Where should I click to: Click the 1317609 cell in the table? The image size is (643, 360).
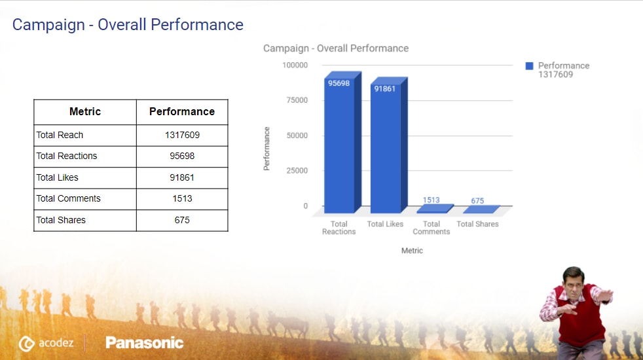tap(182, 135)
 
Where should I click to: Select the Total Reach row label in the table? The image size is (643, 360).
tap(60, 135)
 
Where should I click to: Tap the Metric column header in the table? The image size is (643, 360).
tap(85, 112)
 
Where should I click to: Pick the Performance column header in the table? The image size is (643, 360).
tap(182, 112)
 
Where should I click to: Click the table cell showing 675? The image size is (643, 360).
tap(182, 220)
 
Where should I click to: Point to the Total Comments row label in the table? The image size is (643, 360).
tap(68, 198)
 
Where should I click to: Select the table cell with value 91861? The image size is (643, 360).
tap(182, 177)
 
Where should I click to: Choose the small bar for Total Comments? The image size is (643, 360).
tap(432, 209)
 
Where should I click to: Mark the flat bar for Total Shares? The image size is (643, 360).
tap(479, 210)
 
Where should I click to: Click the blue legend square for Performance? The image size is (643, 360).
tap(530, 65)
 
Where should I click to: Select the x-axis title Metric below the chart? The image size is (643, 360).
tap(413, 251)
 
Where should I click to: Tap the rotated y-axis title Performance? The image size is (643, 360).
tap(266, 149)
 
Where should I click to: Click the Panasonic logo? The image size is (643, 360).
tap(144, 342)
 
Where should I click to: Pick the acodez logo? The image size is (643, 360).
tap(46, 343)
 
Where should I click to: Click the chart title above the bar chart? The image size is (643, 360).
tap(336, 48)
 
